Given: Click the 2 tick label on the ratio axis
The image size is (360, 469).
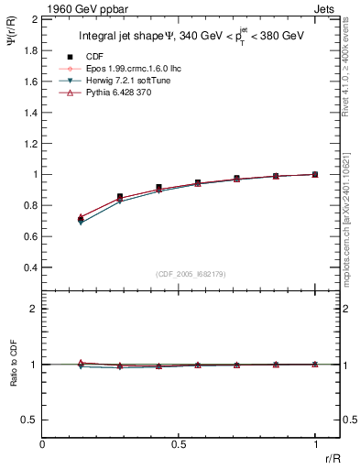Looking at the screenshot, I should (32, 309).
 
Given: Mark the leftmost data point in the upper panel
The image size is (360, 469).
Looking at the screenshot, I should (82, 220).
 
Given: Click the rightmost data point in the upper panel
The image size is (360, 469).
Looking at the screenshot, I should (315, 174).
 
